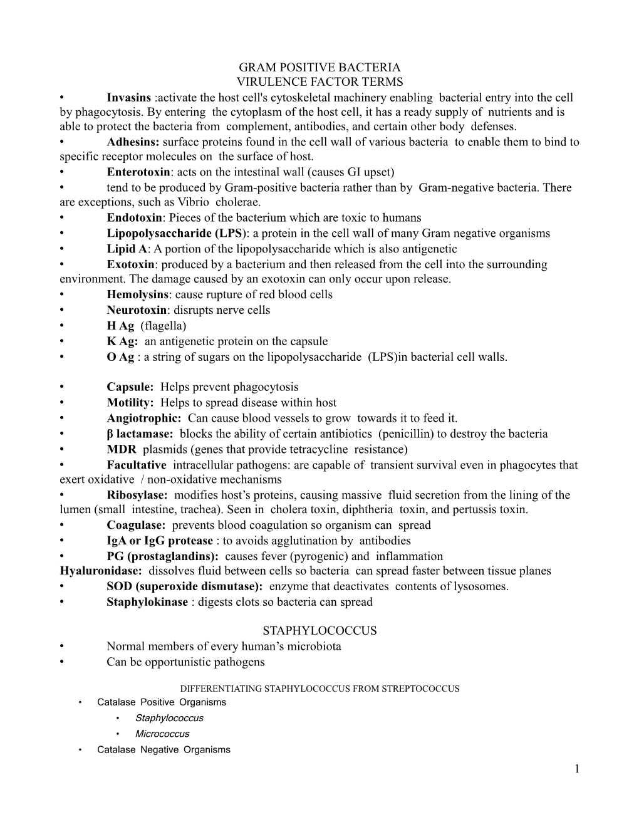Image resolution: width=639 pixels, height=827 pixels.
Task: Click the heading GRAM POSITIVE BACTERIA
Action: coord(319,67)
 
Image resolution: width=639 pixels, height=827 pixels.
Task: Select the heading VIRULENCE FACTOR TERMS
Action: coord(319,82)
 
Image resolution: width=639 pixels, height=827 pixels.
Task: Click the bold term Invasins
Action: coord(128,98)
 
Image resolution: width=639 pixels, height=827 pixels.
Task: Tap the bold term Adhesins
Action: coord(133,142)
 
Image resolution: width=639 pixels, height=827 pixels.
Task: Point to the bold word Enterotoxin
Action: coord(138,172)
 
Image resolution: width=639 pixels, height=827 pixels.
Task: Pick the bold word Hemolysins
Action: coord(137,294)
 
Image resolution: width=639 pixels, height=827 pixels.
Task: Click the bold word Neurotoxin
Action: coord(136,310)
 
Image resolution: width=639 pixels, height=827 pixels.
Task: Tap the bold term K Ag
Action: coord(122,341)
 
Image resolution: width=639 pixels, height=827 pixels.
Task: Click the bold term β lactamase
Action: coord(139,434)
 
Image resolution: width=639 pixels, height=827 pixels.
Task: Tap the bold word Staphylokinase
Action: coord(147,602)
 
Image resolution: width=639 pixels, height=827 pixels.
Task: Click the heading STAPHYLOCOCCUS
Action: coord(319,631)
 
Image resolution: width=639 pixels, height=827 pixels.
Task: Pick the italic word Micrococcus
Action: coord(162,734)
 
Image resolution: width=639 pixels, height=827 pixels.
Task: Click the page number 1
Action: coord(576,769)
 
